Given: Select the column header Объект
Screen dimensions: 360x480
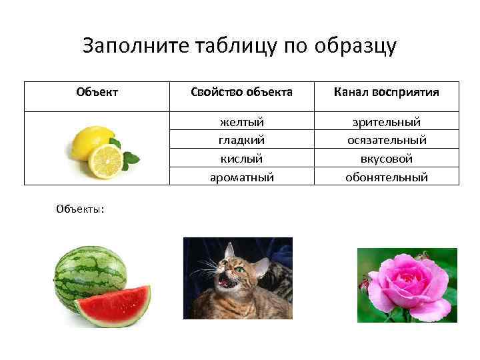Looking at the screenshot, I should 97,92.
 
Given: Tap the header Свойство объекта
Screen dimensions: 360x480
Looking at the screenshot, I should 241,92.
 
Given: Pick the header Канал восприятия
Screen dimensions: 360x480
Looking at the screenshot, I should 387,92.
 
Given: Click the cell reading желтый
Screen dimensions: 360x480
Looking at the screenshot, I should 241,122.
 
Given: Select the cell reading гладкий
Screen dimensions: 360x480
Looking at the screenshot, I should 241,140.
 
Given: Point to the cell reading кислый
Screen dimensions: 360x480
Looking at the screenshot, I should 241,159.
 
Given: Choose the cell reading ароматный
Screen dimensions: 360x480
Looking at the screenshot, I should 241,177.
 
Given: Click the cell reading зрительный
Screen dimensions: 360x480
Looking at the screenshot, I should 387,122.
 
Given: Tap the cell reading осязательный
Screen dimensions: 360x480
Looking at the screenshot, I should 387,140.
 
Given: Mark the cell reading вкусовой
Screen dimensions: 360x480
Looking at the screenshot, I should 387,159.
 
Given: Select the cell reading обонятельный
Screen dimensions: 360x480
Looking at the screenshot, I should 387,177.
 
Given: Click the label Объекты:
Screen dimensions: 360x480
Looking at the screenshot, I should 79,208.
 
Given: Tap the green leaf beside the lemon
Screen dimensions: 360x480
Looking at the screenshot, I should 131,158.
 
